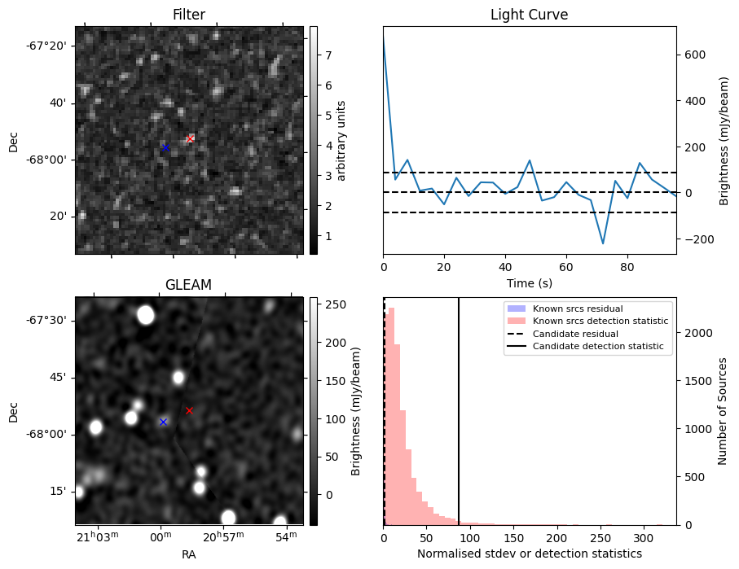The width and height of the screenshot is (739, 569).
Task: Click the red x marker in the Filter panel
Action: click(191, 139)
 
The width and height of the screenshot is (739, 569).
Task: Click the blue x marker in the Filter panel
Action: click(165, 147)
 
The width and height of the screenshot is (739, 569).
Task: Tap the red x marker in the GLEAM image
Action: click(189, 411)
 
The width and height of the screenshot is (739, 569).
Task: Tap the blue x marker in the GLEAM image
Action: click(163, 422)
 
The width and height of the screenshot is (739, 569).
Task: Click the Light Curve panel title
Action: click(529, 15)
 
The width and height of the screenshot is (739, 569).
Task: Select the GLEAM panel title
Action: click(188, 285)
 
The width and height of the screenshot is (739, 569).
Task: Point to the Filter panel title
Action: click(188, 15)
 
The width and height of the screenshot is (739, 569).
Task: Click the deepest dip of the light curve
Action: click(603, 243)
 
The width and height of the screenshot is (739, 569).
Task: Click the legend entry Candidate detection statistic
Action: click(597, 347)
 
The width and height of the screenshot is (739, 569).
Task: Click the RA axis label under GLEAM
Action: click(188, 554)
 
